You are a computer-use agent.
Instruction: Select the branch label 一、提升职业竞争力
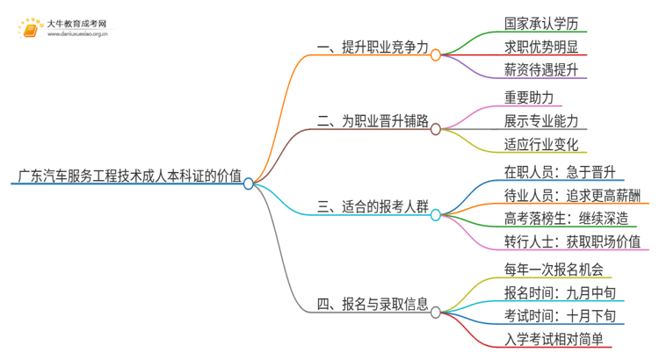[x=373, y=49]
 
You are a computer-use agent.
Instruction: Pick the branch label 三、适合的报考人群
[x=373, y=208]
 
